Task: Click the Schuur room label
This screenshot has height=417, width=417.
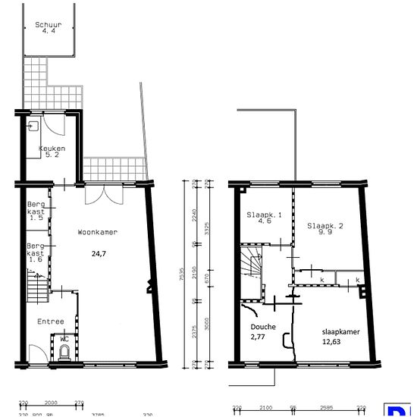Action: point(49,25)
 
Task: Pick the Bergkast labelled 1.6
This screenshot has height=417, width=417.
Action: point(36,252)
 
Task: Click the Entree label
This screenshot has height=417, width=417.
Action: point(51,321)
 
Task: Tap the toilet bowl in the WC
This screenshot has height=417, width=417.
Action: point(65,351)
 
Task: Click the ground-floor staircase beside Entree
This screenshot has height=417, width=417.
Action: point(35,290)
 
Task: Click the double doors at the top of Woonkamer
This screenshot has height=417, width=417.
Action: point(102,195)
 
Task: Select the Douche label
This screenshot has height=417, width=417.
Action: point(262,328)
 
